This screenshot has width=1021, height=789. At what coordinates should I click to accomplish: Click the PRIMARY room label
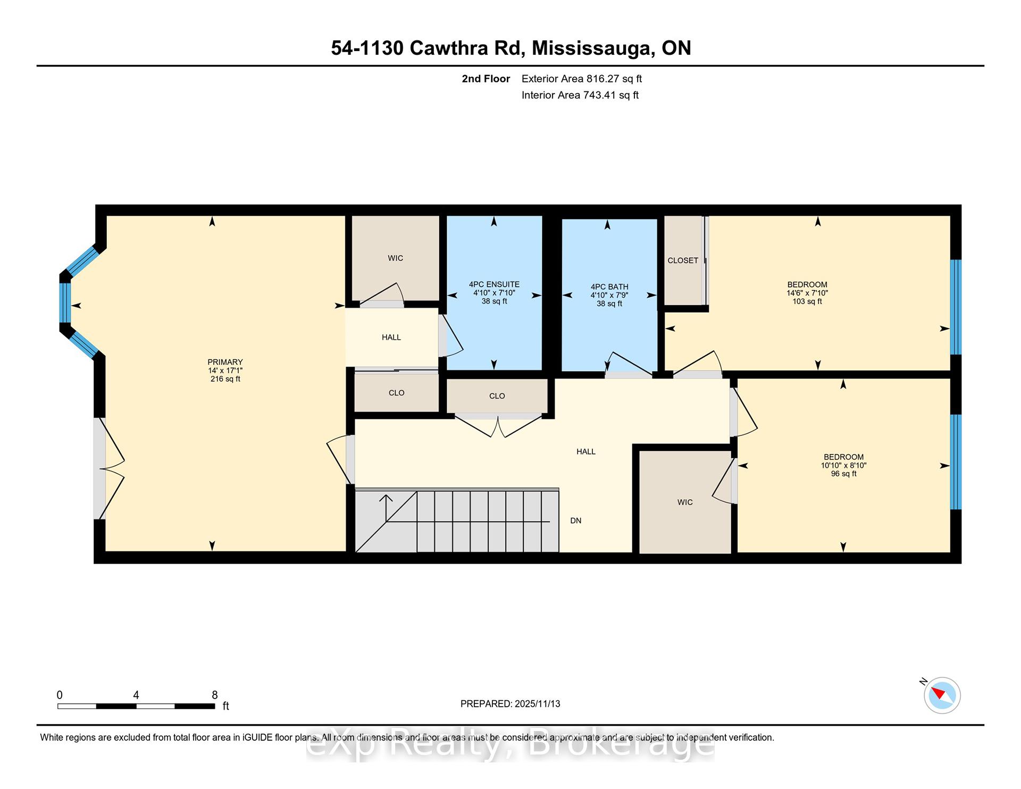tap(225, 362)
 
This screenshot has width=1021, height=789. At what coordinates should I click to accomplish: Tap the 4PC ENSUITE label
tap(494, 284)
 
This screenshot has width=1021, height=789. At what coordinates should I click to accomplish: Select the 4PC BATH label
tap(609, 287)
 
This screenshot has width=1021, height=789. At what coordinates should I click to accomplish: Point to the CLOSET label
tap(683, 261)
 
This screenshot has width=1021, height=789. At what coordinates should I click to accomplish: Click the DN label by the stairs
tap(576, 521)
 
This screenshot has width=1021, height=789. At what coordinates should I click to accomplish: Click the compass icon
tap(942, 695)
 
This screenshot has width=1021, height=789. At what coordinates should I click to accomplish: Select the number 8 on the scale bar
tap(215, 695)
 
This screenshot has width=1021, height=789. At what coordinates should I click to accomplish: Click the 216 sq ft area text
tap(225, 379)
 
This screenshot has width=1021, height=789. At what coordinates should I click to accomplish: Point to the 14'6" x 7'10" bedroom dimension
tap(807, 293)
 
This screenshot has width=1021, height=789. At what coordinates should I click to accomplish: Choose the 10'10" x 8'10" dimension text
tap(843, 465)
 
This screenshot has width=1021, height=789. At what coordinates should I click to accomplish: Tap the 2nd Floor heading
tap(486, 79)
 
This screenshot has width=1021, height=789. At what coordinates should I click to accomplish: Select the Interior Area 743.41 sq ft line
tap(580, 95)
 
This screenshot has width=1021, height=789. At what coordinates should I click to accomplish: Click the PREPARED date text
tap(510, 703)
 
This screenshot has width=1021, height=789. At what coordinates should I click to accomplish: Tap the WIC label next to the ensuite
tap(395, 258)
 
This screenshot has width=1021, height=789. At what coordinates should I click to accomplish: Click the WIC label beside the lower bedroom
tap(685, 502)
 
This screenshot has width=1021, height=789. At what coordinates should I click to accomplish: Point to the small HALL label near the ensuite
tap(391, 337)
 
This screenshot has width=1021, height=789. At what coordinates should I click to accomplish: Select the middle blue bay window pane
tap(65, 303)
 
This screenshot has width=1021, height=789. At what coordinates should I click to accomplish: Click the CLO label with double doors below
tap(497, 396)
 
